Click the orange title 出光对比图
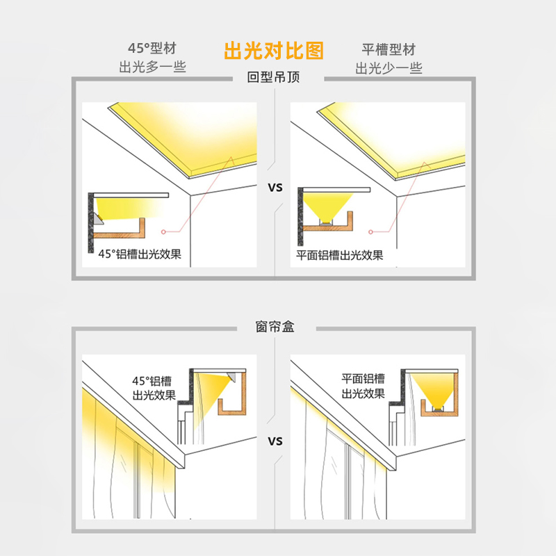(273, 51)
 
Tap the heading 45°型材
(152, 49)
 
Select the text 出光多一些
(152, 67)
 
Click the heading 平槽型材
(389, 49)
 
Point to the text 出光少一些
(389, 67)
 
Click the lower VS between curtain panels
(275, 441)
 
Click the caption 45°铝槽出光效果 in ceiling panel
(140, 254)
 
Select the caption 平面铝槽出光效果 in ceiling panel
(340, 254)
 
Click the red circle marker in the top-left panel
(164, 231)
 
